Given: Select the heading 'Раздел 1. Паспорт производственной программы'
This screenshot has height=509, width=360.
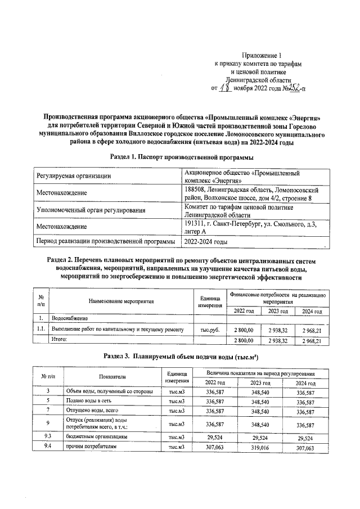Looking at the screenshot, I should tap(180, 159).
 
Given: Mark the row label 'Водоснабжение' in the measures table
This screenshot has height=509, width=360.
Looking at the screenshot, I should tap(70, 318).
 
